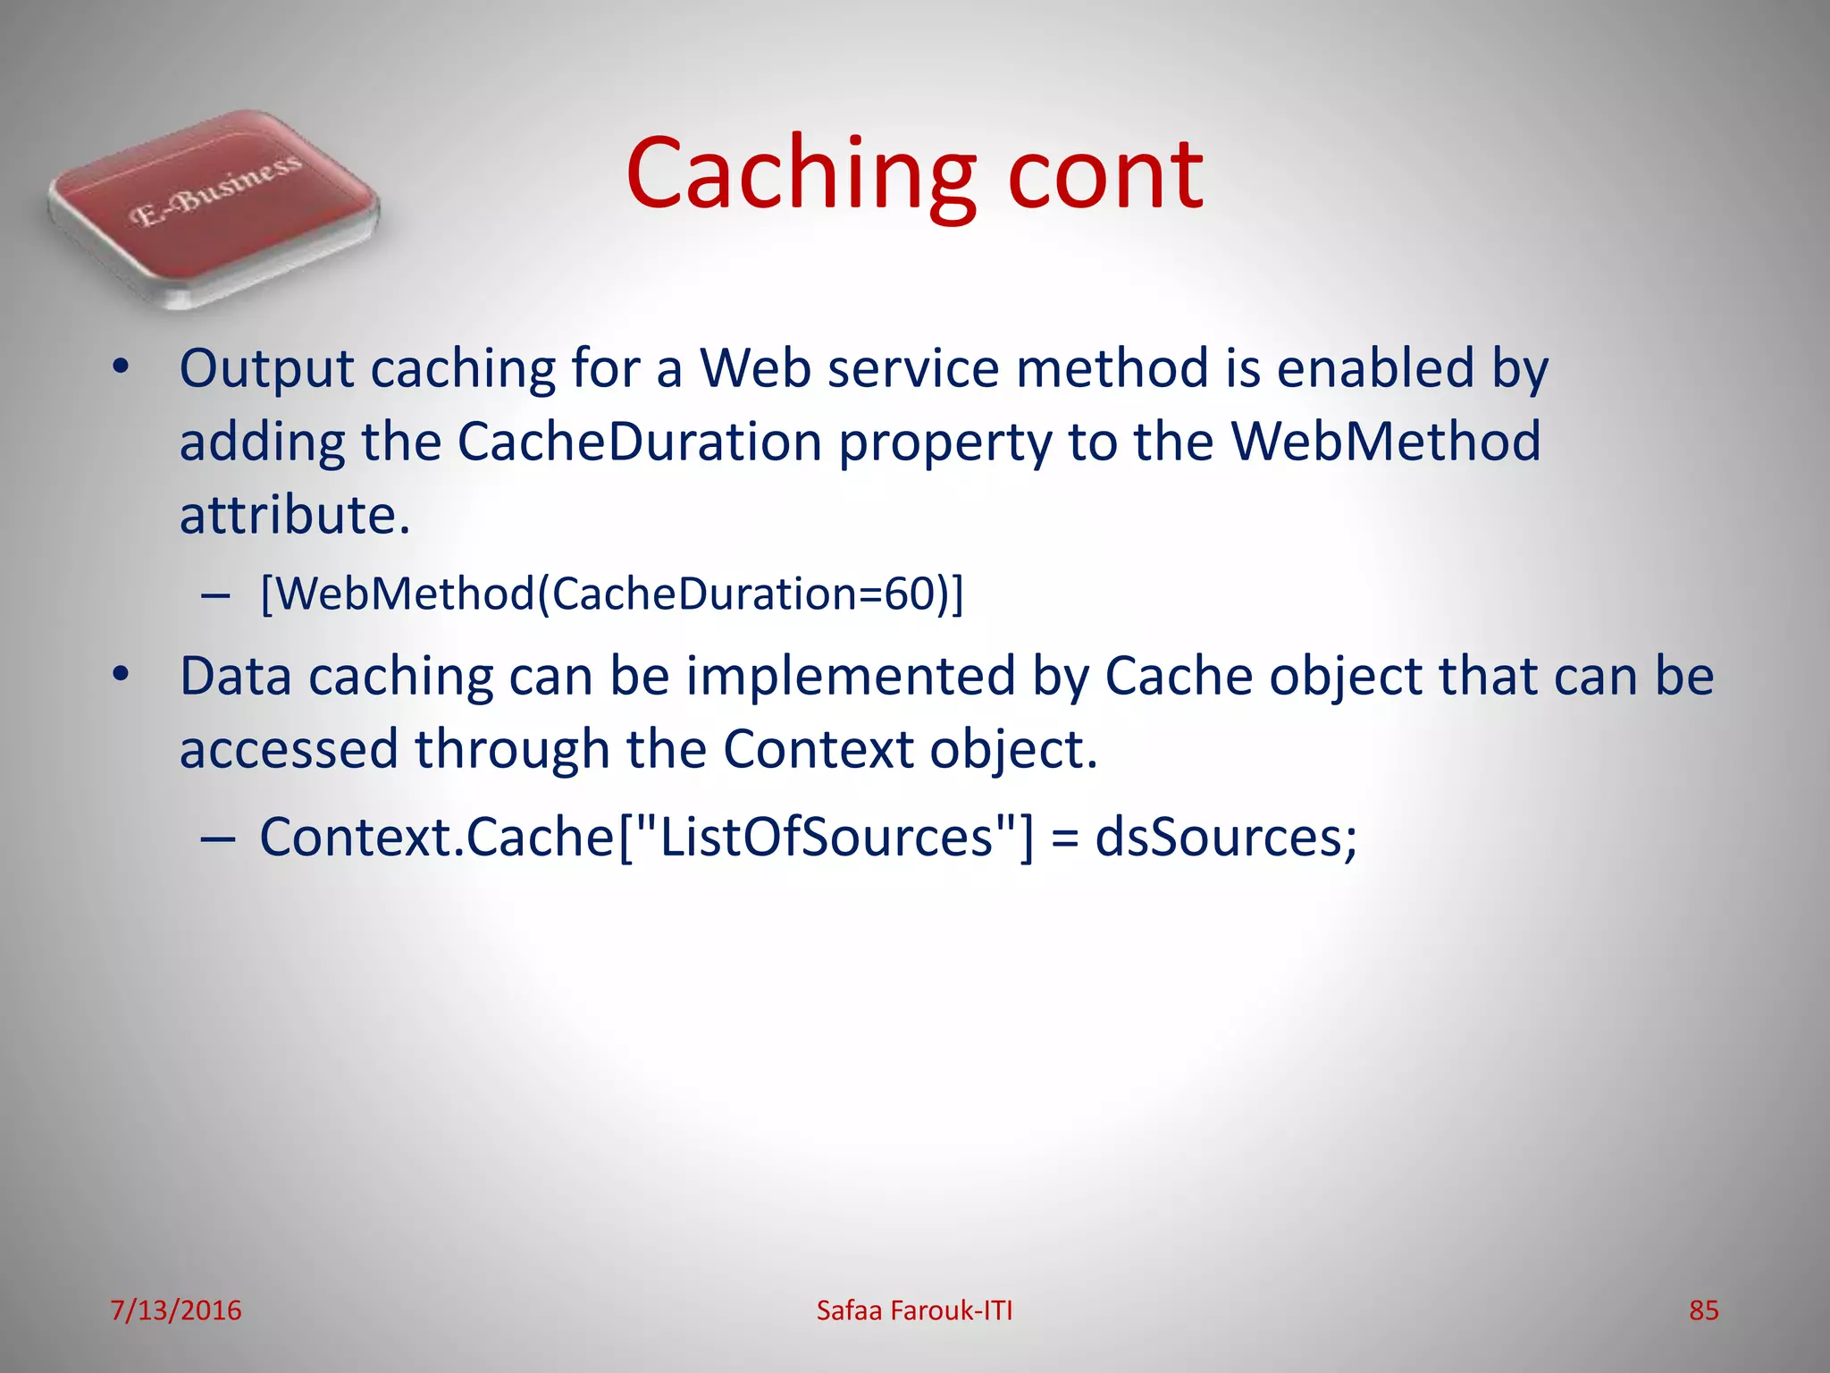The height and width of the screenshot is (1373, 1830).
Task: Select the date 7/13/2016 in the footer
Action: pos(176,1310)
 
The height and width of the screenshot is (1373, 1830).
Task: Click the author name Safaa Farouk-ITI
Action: pos(914,1310)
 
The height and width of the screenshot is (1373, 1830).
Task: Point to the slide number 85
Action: pos(1703,1310)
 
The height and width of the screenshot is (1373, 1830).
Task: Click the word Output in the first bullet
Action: pos(266,369)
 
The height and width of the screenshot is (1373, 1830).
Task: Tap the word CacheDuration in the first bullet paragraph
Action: pos(639,442)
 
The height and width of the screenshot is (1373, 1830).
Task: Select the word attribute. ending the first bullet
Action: pos(295,515)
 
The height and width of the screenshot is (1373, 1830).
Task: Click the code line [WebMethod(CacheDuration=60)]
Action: pos(612,594)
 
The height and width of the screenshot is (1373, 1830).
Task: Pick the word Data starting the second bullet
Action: pos(235,676)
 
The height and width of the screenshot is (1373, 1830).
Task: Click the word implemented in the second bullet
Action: pos(851,676)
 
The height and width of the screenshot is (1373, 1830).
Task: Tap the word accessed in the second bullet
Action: pos(289,749)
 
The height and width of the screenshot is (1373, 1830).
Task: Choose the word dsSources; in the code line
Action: pos(1226,838)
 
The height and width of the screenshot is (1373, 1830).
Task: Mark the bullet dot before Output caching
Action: pos(122,367)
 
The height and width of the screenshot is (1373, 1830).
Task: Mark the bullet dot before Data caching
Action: pos(122,675)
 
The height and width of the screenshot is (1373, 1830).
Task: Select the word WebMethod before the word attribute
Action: pos(1385,442)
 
